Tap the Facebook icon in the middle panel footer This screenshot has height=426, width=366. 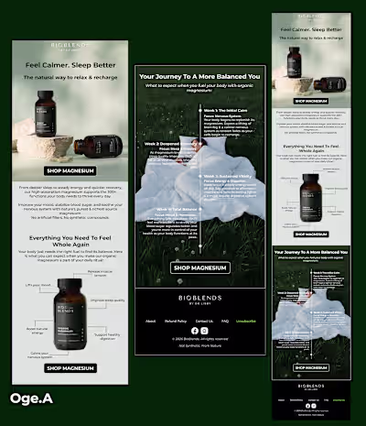click(192, 330)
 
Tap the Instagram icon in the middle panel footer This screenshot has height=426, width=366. click(205, 330)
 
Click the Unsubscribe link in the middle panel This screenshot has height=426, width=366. click(246, 322)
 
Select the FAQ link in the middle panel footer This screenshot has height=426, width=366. click(225, 322)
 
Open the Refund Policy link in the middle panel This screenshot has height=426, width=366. click(175, 322)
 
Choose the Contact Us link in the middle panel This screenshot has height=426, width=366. click(201, 322)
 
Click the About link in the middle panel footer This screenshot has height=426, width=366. click(149, 322)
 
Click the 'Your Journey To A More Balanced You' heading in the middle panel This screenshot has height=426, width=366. click(199, 79)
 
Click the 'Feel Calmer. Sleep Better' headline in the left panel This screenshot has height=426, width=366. click(70, 67)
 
